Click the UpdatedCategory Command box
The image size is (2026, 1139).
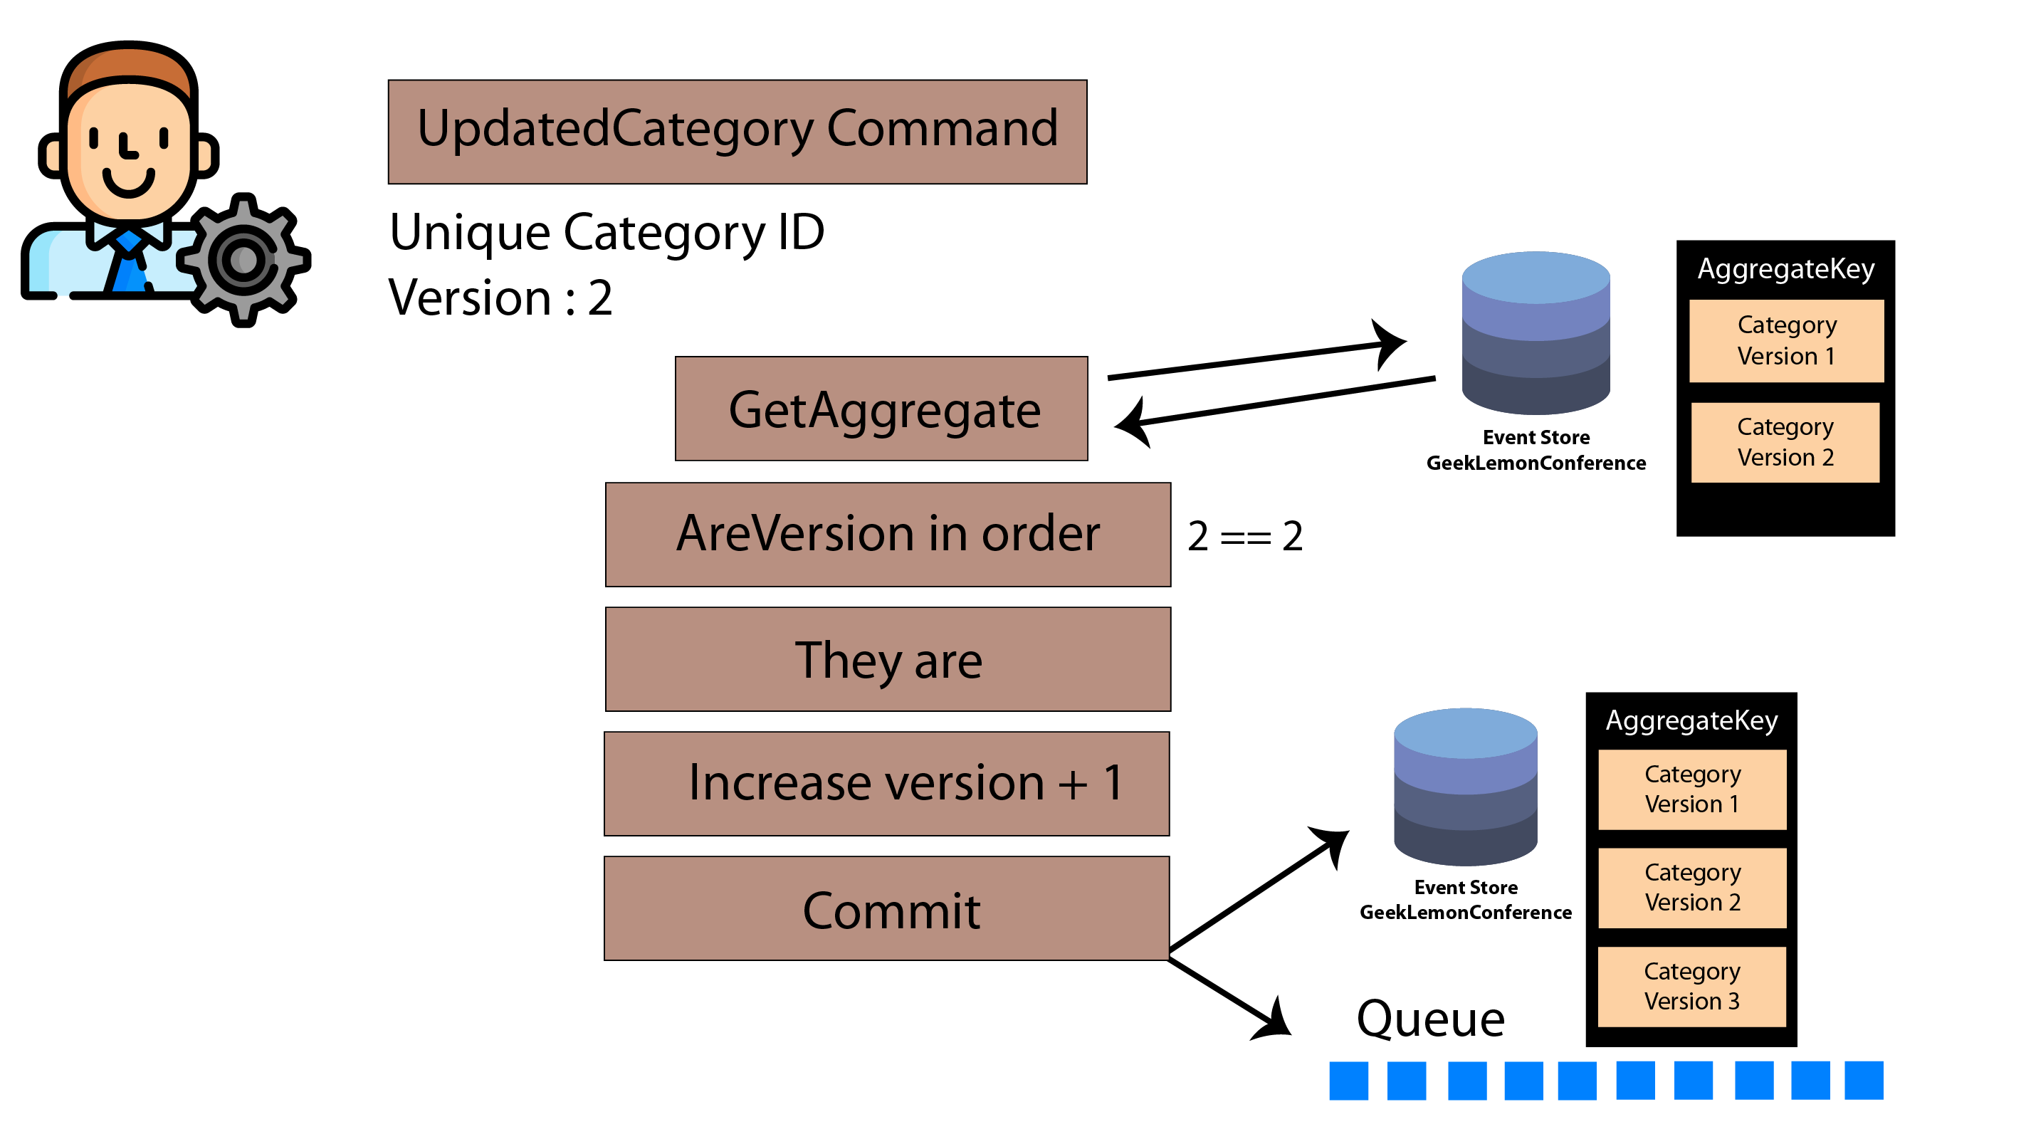tap(737, 132)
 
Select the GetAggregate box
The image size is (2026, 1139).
tap(881, 408)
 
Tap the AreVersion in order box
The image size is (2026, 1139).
tap(888, 535)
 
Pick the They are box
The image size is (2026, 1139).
tap(888, 659)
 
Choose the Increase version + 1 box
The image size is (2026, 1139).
tap(886, 784)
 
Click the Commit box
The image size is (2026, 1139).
tap(886, 908)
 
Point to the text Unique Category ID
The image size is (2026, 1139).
tap(607, 233)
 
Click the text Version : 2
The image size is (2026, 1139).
tap(501, 298)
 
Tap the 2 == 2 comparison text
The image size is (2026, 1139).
tap(1245, 537)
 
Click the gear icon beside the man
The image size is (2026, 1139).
tap(243, 260)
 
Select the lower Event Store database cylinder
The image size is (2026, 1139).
tap(1465, 787)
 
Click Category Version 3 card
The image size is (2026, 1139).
tap(1691, 987)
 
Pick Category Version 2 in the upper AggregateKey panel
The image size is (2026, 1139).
tap(1785, 442)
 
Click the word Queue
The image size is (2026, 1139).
tap(1431, 1019)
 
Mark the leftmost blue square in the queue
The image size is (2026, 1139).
tap(1349, 1081)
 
